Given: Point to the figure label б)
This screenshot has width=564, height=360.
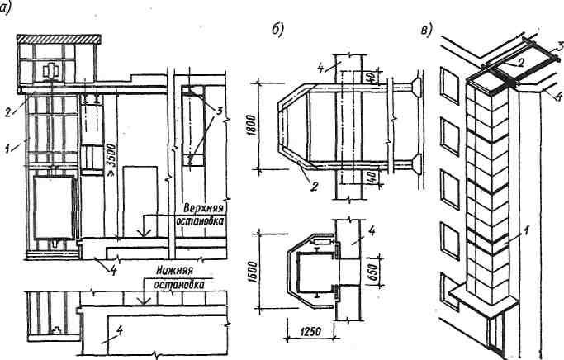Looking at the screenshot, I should (x=277, y=31).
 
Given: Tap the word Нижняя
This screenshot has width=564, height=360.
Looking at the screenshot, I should (x=167, y=269).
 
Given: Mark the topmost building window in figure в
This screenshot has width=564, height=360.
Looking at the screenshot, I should (x=449, y=83).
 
